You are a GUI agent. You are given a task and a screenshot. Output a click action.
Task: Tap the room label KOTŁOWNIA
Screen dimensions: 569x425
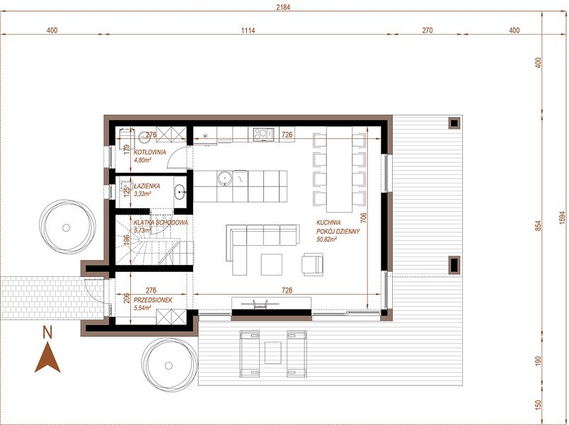click(x=150, y=152)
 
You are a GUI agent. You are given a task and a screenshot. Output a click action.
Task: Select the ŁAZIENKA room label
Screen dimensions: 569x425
click(x=147, y=186)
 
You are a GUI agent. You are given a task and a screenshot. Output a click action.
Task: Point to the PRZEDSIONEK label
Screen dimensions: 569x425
click(x=153, y=300)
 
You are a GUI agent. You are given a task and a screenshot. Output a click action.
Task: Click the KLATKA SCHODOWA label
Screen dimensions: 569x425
click(x=161, y=222)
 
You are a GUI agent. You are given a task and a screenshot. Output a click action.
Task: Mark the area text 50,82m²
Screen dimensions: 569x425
click(x=326, y=239)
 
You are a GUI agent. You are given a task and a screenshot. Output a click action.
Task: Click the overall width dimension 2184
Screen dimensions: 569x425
click(x=283, y=6)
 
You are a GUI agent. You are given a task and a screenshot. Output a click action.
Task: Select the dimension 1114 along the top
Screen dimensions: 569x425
click(x=248, y=30)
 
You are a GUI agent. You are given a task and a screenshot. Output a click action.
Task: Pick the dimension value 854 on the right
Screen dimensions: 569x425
click(x=538, y=225)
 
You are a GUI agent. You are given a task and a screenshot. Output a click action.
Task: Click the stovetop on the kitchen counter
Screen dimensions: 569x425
click(x=263, y=134)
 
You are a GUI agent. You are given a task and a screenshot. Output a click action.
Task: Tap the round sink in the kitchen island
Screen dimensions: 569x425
click(x=225, y=178)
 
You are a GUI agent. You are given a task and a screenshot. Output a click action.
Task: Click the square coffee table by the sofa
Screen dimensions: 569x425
click(x=272, y=264)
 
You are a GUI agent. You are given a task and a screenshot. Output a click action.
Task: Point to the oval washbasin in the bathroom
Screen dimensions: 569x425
click(x=180, y=192)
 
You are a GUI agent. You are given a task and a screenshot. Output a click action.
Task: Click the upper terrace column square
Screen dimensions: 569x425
click(x=454, y=123)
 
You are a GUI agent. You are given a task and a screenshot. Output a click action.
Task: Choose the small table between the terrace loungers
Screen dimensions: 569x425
click(x=273, y=352)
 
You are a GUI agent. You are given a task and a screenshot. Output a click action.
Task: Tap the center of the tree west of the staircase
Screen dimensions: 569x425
click(x=66, y=228)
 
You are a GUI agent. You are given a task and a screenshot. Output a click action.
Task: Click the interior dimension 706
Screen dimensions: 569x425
click(x=364, y=217)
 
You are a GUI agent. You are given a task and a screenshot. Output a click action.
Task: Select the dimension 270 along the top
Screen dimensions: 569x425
click(x=427, y=30)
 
